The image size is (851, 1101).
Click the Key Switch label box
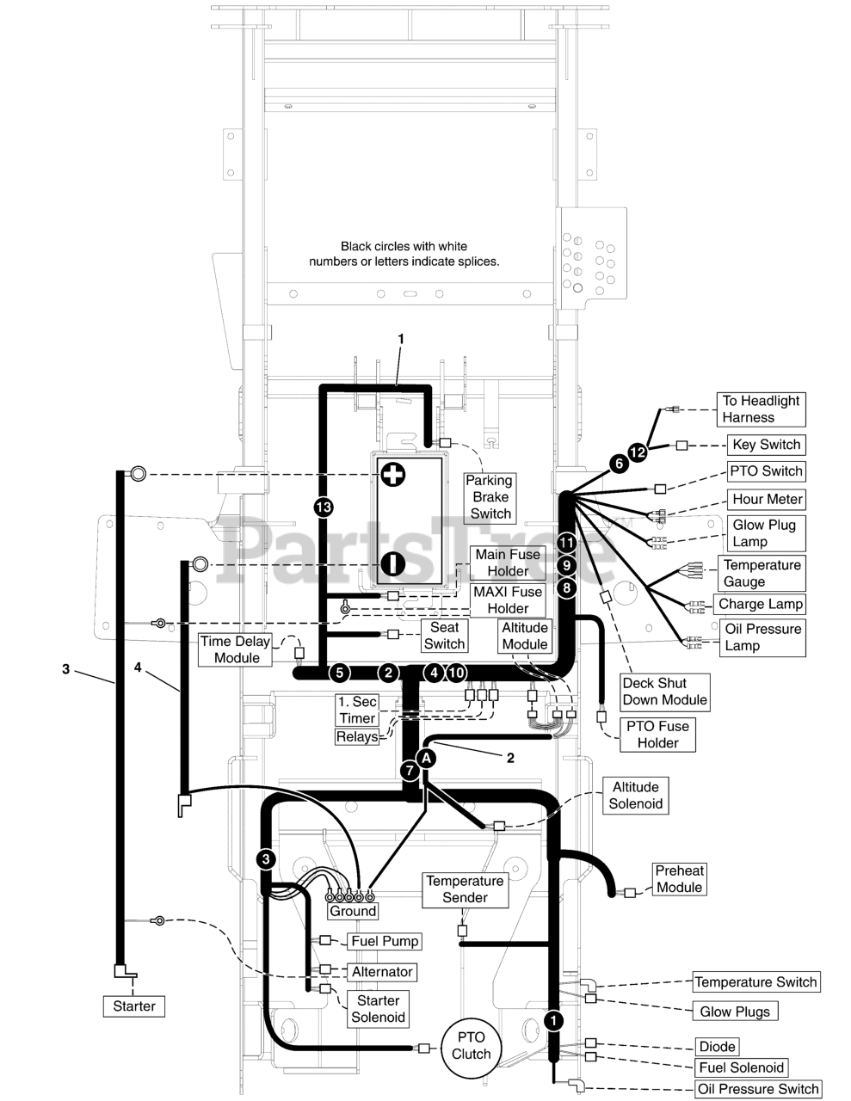pyautogui.click(x=766, y=445)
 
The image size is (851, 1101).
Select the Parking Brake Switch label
pyautogui.click(x=490, y=497)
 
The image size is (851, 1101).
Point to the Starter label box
pyautogui.click(x=134, y=1006)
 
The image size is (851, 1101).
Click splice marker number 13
pyautogui.click(x=323, y=507)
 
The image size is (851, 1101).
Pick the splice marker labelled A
pyautogui.click(x=426, y=757)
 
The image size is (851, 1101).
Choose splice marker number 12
pyautogui.click(x=638, y=452)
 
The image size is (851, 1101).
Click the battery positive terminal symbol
pyautogui.click(x=392, y=474)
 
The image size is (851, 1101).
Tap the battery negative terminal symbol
pyautogui.click(x=392, y=563)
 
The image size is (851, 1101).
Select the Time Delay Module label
pyautogui.click(x=236, y=649)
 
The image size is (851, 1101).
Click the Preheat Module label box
pyautogui.click(x=679, y=879)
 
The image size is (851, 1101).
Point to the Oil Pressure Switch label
pyautogui.click(x=758, y=1089)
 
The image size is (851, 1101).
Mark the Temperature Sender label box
pyautogui.click(x=466, y=889)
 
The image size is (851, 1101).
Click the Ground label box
pyautogui.click(x=353, y=911)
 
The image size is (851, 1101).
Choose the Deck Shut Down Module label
pyautogui.click(x=665, y=692)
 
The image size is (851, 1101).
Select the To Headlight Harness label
pyautogui.click(x=761, y=409)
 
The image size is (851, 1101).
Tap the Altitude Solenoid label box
pyautogui.click(x=636, y=796)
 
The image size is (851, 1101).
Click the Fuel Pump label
pyautogui.click(x=384, y=941)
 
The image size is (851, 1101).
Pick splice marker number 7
pyautogui.click(x=410, y=770)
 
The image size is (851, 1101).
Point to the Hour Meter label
pyautogui.click(x=767, y=499)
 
